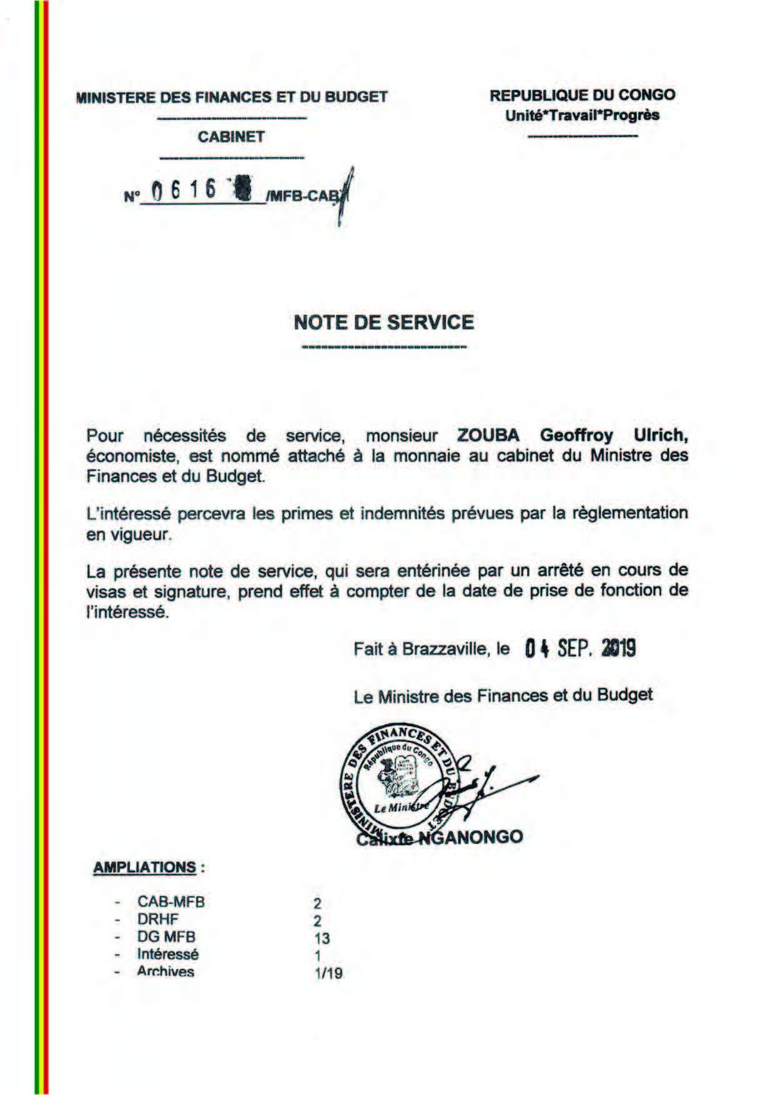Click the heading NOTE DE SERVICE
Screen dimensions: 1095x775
(383, 322)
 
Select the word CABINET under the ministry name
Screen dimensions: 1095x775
(231, 137)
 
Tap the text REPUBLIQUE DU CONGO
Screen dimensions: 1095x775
(582, 96)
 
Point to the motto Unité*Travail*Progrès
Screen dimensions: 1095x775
(582, 115)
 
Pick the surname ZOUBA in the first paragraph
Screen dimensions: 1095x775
(488, 435)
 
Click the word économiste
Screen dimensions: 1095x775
(131, 456)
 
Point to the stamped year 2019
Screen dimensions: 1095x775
(618, 649)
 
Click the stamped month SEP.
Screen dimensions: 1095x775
(575, 649)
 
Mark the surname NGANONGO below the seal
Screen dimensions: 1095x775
(470, 837)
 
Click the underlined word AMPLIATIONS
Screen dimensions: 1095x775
(145, 867)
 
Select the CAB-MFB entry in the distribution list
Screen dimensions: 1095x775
(170, 901)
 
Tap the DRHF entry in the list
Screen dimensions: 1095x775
(157, 919)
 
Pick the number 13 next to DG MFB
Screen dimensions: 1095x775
(322, 938)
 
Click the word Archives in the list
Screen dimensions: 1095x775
(165, 972)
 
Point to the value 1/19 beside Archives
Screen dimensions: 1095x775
(329, 973)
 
